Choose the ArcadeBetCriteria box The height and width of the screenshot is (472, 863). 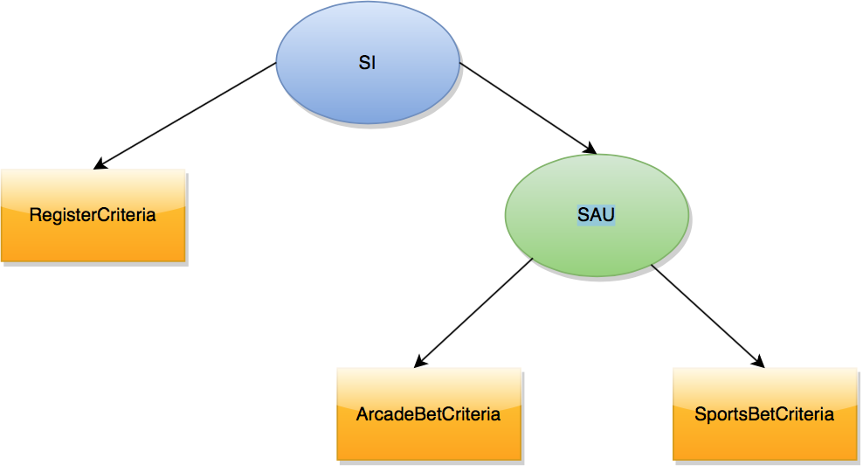click(429, 437)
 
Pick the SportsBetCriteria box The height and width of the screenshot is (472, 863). click(764, 437)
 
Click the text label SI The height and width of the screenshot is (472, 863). click(368, 64)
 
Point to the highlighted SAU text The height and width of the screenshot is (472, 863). click(597, 215)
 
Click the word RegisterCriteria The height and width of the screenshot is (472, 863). click(93, 215)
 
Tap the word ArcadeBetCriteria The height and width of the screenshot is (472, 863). click(428, 413)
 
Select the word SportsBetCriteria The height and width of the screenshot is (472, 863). click(764, 413)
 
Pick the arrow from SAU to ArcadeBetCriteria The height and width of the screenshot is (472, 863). click(473, 312)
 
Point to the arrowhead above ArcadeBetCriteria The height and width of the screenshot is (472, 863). click(419, 361)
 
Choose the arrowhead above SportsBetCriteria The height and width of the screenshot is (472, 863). click(759, 361)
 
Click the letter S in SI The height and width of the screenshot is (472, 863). click(363, 64)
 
